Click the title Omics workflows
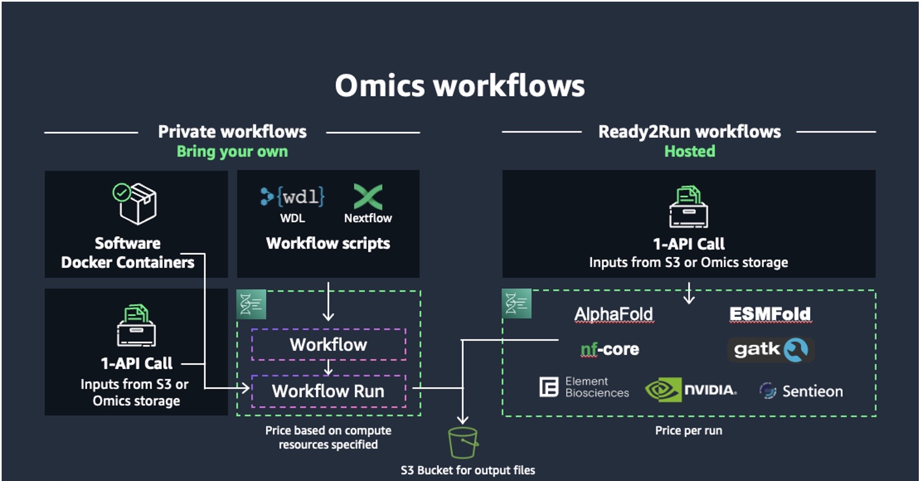coord(460,86)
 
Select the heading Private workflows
coord(232,132)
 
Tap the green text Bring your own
coord(232,152)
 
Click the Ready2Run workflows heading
coord(689,132)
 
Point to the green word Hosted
coord(689,151)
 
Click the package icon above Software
coord(136,203)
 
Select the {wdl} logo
coord(293,197)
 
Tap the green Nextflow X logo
coord(368,196)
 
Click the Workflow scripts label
coord(328,243)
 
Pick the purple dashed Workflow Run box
coord(328,391)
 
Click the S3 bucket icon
coord(463,443)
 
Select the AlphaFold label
coord(613,314)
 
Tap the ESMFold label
coord(770,314)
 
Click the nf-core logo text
coord(610,349)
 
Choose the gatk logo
coord(770,349)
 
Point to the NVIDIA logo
coord(691,390)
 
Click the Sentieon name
coord(812,391)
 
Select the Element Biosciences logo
coord(584,387)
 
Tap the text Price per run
coord(688,430)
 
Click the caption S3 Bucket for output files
coord(468,470)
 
